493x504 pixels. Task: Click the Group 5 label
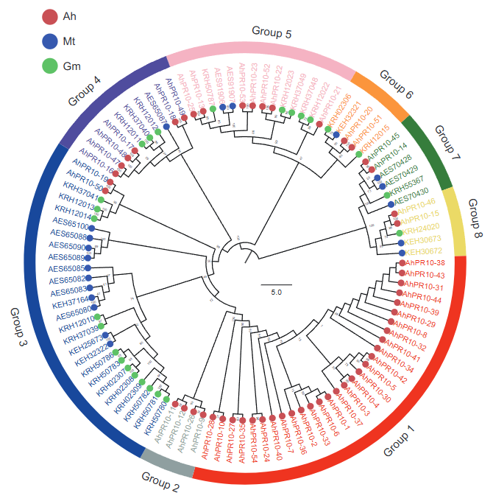pos(272,32)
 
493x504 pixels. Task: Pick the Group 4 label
pos(85,91)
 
